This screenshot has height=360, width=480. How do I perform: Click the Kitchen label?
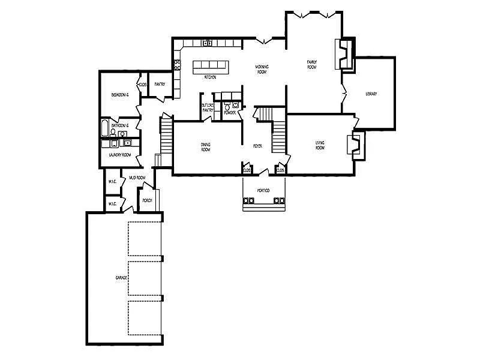210,77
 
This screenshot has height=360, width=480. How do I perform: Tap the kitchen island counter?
211,67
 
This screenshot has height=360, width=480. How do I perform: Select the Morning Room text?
262,69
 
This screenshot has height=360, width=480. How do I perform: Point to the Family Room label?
312,64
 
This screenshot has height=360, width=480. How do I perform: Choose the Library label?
371,94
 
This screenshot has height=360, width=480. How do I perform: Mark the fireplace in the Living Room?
355,145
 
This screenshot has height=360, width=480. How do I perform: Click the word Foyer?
257,146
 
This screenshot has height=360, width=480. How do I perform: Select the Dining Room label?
206,146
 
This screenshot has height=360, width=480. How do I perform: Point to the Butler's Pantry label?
208,108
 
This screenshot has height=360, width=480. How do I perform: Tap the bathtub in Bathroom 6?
105,128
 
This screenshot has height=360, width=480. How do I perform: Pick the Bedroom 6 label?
120,95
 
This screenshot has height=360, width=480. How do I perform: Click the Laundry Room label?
120,155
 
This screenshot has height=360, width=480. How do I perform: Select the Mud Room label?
137,178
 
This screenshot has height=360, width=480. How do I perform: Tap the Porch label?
147,200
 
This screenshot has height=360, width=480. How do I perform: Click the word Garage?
122,279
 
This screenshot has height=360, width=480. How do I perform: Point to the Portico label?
263,190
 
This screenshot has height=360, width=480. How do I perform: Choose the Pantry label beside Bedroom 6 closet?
160,84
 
